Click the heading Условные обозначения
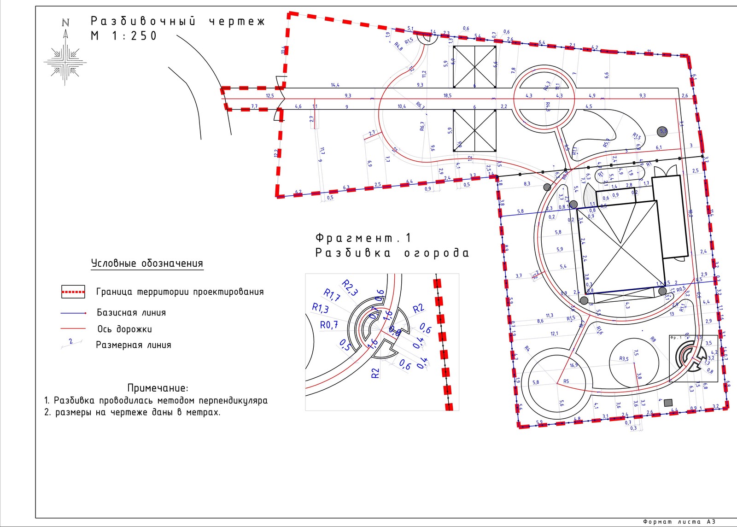[147, 263]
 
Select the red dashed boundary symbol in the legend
[73, 292]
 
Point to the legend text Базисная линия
[131, 313]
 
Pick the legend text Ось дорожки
[124, 329]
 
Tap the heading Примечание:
[158, 388]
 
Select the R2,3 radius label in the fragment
[350, 287]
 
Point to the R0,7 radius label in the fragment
[329, 325]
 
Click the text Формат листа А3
[679, 522]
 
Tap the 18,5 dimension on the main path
[447, 96]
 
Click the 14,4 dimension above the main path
[335, 85]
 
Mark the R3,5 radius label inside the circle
[624, 359]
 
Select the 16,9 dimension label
[573, 366]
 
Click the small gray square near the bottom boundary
[668, 403]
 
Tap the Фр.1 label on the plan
[676, 338]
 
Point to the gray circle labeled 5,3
[662, 131]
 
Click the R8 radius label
[653, 340]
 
